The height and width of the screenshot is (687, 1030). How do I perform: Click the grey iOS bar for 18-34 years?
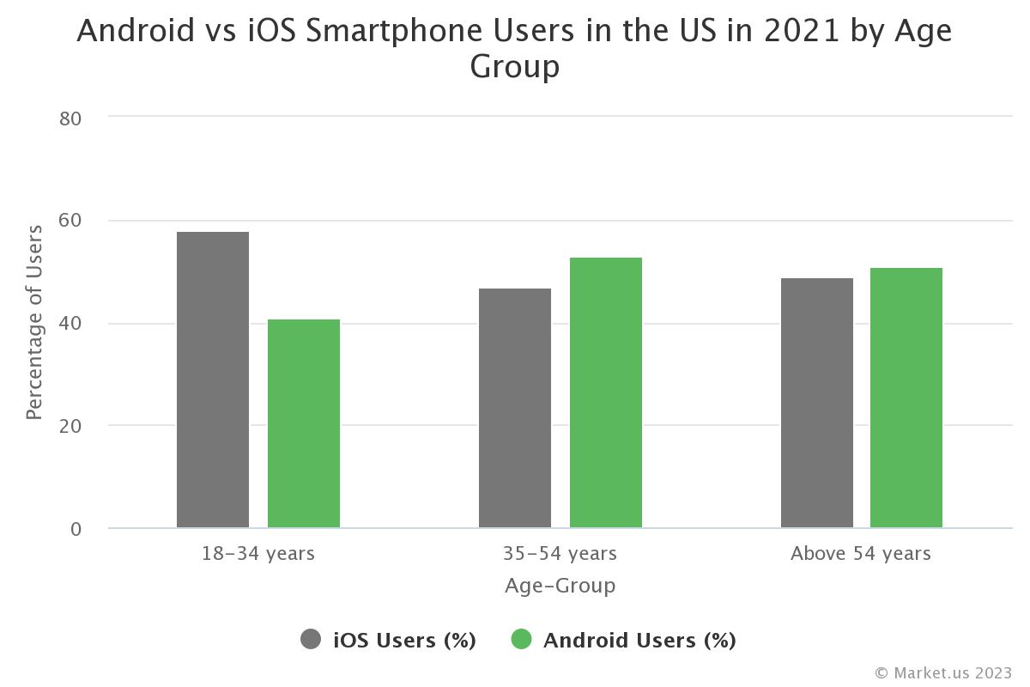pyautogui.click(x=213, y=380)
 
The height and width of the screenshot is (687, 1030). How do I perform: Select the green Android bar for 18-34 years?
pyautogui.click(x=304, y=423)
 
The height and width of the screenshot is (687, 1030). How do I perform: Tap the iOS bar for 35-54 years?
pyautogui.click(x=515, y=408)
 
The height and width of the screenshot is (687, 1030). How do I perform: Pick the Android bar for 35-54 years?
pyautogui.click(x=606, y=392)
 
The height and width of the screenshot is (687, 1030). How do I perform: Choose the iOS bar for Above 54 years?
pyautogui.click(x=817, y=403)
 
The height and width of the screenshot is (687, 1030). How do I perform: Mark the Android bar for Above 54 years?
pyautogui.click(x=906, y=398)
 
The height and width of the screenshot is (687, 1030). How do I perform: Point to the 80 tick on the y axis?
pyautogui.click(x=70, y=119)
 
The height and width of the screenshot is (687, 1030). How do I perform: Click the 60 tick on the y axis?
pyautogui.click(x=70, y=221)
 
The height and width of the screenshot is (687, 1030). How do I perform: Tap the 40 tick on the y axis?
pyautogui.click(x=70, y=324)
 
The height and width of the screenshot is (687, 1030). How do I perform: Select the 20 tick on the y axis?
pyautogui.click(x=70, y=426)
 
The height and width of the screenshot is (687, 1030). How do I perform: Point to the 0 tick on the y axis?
pyautogui.click(x=76, y=529)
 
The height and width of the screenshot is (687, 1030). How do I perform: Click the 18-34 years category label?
pyautogui.click(x=258, y=553)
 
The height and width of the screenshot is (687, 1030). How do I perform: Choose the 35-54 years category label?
pyautogui.click(x=560, y=553)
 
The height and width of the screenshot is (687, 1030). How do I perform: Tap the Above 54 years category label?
pyautogui.click(x=861, y=553)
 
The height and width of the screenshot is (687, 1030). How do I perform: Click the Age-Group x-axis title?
pyautogui.click(x=560, y=586)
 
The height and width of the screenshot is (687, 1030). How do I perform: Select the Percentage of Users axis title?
pyautogui.click(x=34, y=322)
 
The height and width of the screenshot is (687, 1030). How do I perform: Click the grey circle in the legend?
pyautogui.click(x=311, y=640)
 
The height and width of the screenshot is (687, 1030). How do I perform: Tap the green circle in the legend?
pyautogui.click(x=521, y=640)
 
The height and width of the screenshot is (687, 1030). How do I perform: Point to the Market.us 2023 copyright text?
pyautogui.click(x=943, y=672)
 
